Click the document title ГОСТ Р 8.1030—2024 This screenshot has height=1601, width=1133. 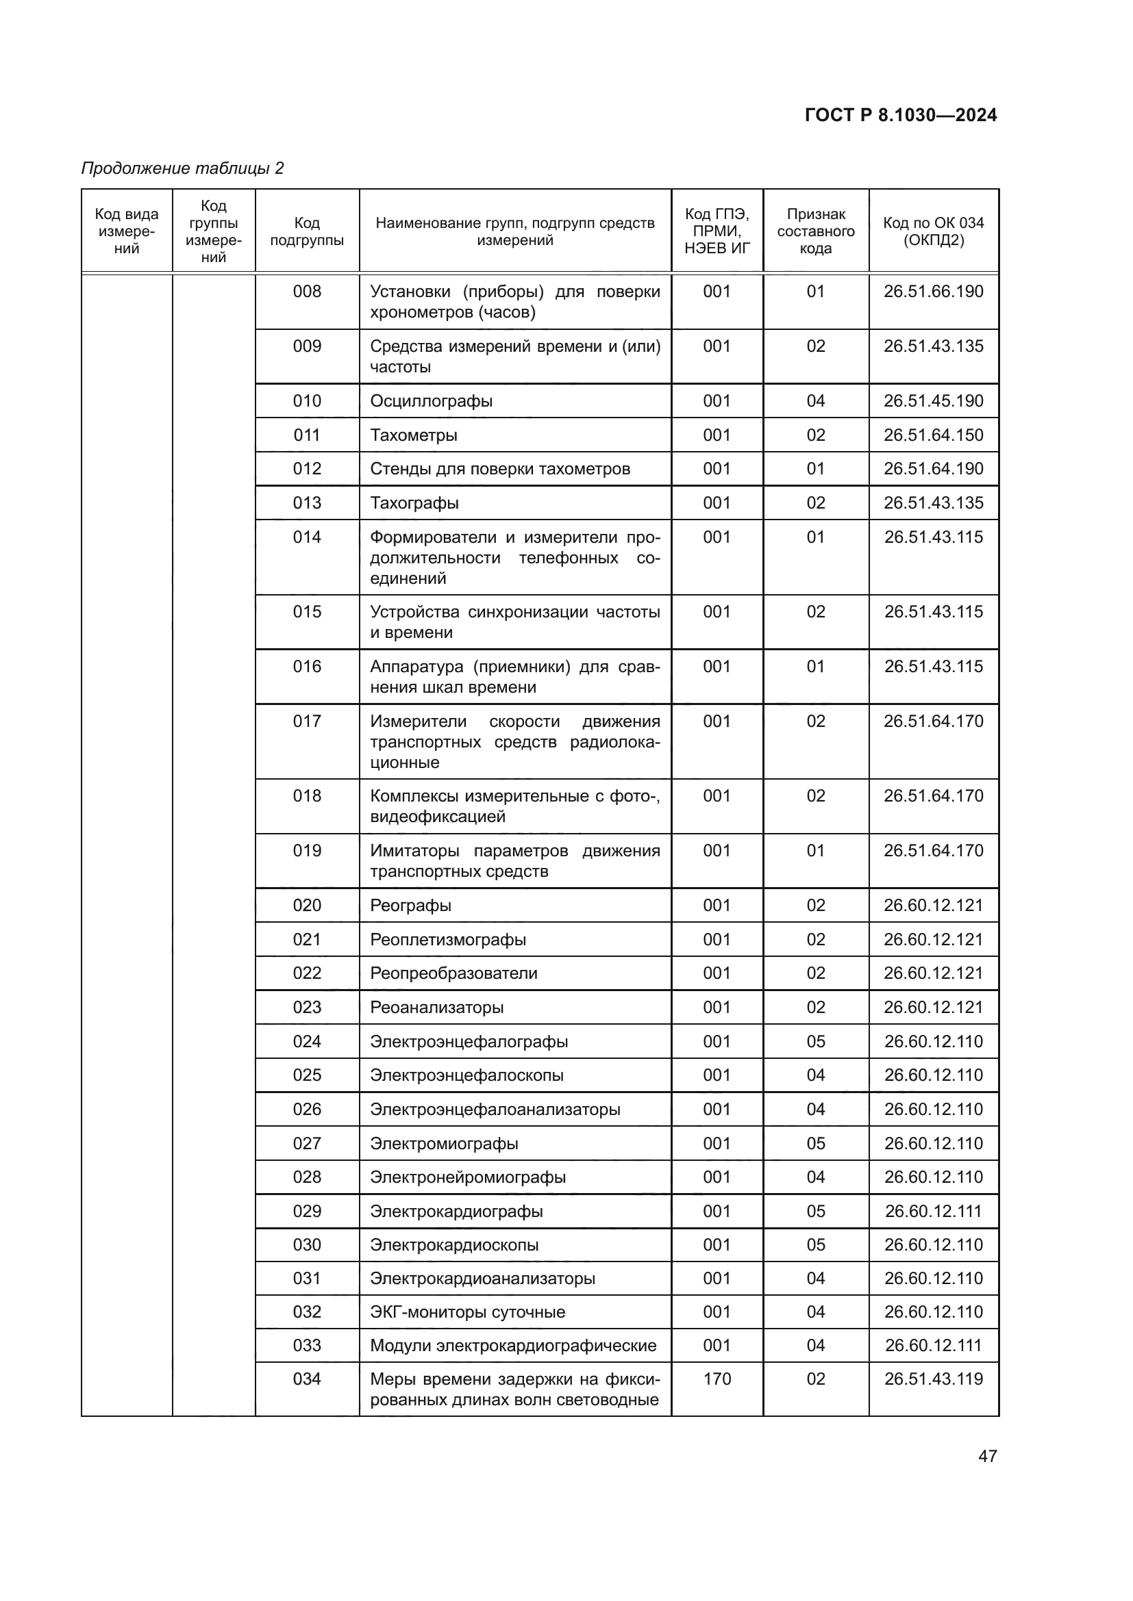point(901,115)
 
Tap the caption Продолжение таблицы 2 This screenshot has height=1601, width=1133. point(183,168)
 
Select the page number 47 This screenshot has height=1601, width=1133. point(987,1456)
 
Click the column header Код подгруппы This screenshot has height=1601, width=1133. point(307,231)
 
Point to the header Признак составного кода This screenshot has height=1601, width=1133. point(816,231)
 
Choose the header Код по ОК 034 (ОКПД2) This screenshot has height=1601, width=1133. point(933,231)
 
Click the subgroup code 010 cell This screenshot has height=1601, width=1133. point(307,401)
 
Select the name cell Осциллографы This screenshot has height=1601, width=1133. point(431,401)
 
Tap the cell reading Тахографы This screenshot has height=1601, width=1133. point(414,503)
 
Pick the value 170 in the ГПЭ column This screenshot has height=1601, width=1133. point(717,1379)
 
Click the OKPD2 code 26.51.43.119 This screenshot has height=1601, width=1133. point(933,1379)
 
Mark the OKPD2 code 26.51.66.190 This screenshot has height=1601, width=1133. point(933,292)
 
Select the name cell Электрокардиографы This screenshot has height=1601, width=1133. point(456,1212)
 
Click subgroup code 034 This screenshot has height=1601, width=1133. point(307,1379)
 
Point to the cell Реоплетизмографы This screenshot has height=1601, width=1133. point(448,939)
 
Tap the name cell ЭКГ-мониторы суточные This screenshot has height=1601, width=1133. point(467,1311)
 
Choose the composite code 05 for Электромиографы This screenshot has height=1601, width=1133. point(816,1144)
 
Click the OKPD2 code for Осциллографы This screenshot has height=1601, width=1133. point(933,401)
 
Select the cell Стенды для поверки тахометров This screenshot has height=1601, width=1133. point(499,469)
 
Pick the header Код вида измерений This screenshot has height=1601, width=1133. point(127,231)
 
